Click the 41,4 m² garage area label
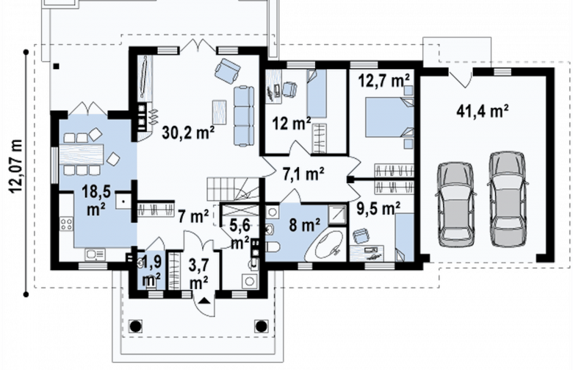coord(483,110)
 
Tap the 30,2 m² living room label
coord(188,132)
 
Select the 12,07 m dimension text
coord(15,166)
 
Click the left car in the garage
coord(455,204)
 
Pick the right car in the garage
coord(508,199)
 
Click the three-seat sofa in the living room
coord(244,116)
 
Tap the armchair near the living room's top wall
coord(227,71)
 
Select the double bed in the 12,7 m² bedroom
coord(389,117)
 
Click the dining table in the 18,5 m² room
coord(82,154)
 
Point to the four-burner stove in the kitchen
coord(67,224)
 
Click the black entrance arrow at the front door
coord(204,301)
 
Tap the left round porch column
coord(136,326)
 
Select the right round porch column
coord(261,326)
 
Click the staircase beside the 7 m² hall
coord(233,189)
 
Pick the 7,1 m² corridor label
coord(303,174)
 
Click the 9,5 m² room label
coord(378,209)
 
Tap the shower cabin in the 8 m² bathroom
coord(337,215)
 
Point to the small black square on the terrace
coord(56,66)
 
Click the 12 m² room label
coord(291,124)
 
